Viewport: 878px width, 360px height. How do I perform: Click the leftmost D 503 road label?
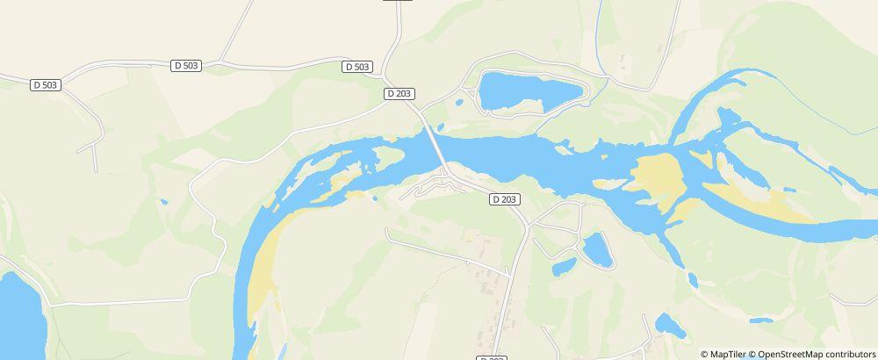coord(45,85)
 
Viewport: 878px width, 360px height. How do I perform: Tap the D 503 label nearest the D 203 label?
coord(357,67)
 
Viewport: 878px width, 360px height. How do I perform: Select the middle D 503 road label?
coord(187,66)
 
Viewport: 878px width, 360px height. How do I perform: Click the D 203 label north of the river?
coord(399,93)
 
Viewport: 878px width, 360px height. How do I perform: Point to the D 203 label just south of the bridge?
coord(504,199)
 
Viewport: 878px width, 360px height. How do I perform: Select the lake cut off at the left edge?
coord(18,316)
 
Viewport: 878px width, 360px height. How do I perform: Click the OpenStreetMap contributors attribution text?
coord(817,354)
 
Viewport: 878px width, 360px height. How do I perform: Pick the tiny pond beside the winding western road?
coord(163,203)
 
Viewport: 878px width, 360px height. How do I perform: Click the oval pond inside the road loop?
coord(598,249)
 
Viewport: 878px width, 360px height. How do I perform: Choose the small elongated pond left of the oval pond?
coord(564,265)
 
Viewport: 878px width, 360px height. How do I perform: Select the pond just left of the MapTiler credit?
coord(669,325)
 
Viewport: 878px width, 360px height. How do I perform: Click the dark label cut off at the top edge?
coord(398,2)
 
